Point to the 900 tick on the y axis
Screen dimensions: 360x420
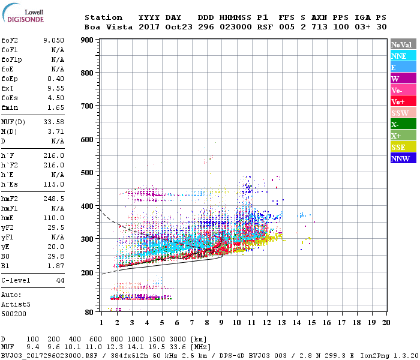click(x=88, y=40)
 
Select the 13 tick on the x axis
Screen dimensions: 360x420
click(x=281, y=322)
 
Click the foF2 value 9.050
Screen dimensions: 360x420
click(x=53, y=40)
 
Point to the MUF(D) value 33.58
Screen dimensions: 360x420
click(x=53, y=122)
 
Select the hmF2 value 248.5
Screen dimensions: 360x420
click(x=53, y=198)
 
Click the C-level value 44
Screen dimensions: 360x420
click(x=60, y=280)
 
